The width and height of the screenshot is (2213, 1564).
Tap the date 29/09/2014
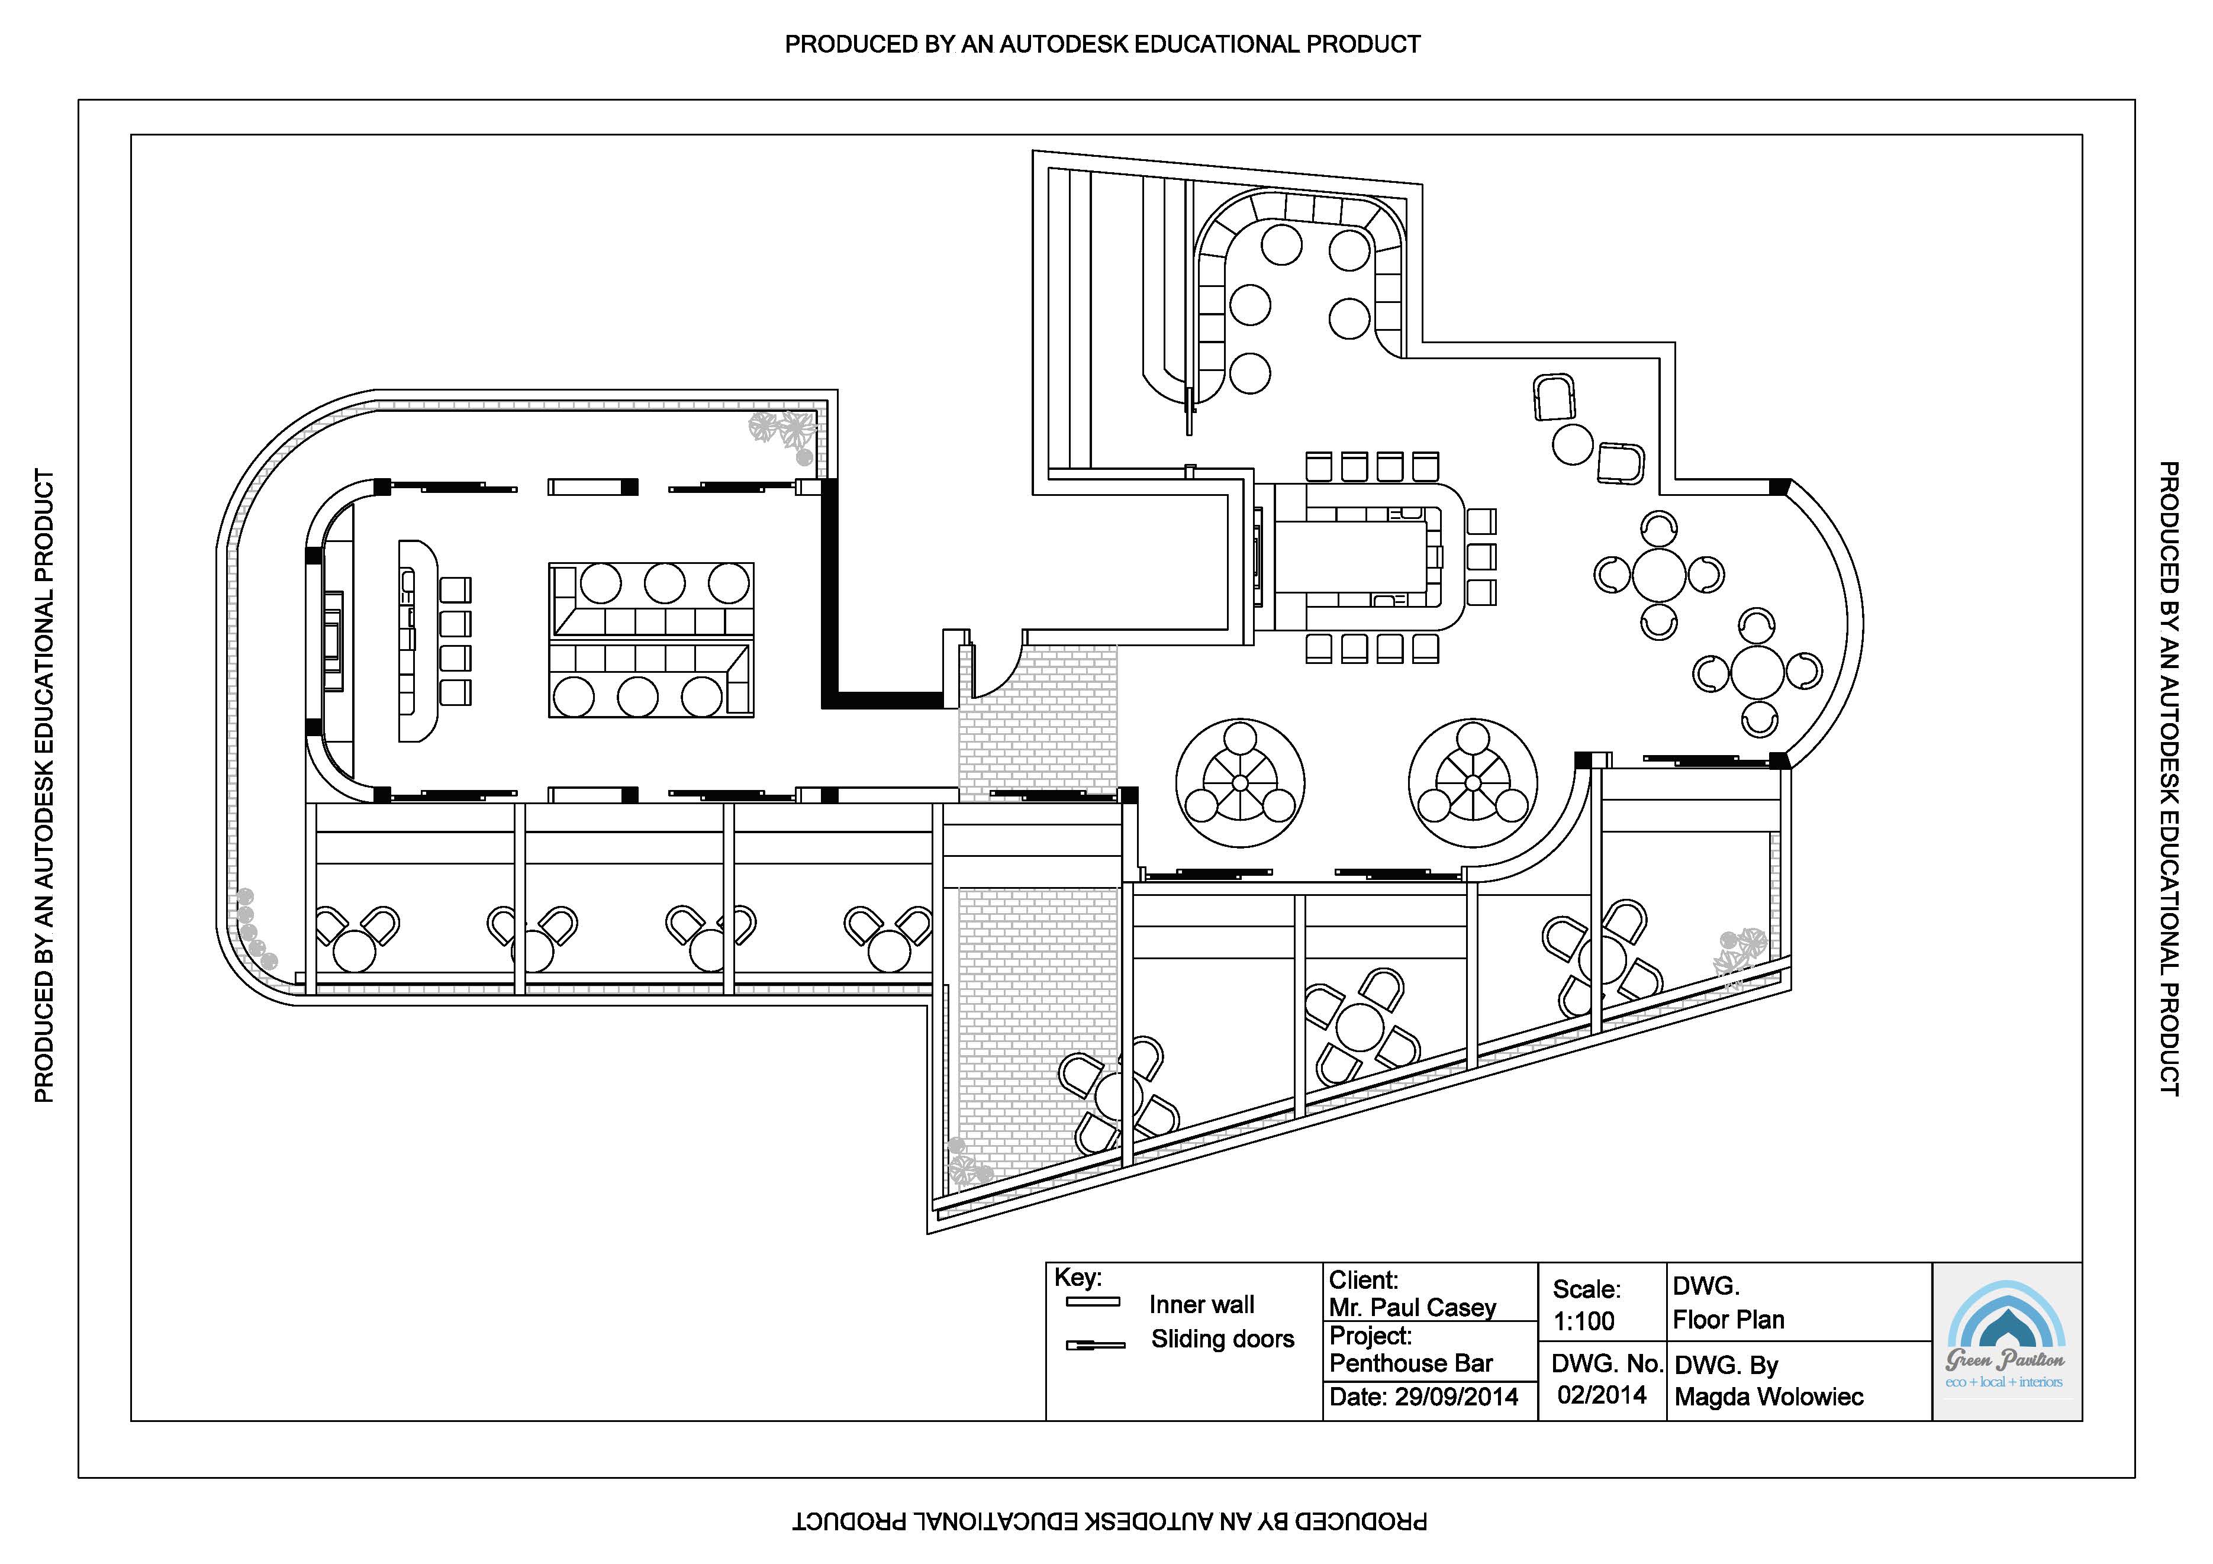click(1457, 1397)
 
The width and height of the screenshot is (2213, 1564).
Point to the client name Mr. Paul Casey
click(1412, 1308)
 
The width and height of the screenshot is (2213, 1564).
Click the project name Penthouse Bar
click(1410, 1363)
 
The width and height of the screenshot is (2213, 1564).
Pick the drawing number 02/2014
click(1601, 1394)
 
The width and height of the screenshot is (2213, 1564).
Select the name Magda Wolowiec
click(1769, 1397)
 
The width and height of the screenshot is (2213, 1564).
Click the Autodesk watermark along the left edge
click(44, 785)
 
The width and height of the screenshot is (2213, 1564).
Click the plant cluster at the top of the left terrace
click(782, 432)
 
